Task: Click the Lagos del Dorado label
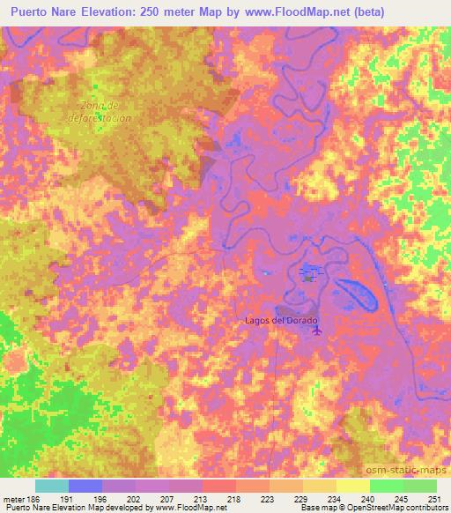click(279, 321)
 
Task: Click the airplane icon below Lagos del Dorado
click(318, 331)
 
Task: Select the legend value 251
click(436, 498)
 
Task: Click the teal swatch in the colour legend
click(51, 486)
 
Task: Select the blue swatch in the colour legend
click(85, 486)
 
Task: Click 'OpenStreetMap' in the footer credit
click(360, 508)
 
